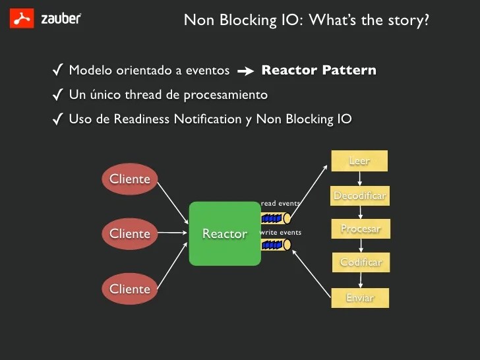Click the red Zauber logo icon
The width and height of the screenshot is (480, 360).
tap(22, 18)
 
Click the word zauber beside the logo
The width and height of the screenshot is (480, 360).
tap(61, 18)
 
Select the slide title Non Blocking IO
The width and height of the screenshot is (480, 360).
tap(306, 20)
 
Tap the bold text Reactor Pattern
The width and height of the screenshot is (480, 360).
tap(318, 70)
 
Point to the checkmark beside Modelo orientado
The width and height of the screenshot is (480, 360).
tap(57, 70)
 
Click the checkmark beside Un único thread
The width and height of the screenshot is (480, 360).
tap(57, 95)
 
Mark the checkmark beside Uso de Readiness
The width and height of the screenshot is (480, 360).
tap(57, 119)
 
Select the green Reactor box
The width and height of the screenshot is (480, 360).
tap(224, 233)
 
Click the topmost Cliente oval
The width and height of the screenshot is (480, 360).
tap(129, 179)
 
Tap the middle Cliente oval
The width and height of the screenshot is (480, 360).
tap(129, 233)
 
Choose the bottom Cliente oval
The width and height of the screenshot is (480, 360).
tap(129, 289)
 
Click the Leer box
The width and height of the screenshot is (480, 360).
tap(359, 161)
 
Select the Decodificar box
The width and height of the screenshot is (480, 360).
tap(359, 196)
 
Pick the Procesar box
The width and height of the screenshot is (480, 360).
tap(360, 229)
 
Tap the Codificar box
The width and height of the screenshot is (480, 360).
tap(361, 262)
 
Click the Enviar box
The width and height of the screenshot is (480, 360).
tap(360, 298)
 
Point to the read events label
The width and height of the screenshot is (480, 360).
tap(280, 204)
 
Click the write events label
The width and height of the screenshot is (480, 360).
tap(281, 232)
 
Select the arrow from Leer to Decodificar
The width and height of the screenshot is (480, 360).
tap(359, 179)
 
